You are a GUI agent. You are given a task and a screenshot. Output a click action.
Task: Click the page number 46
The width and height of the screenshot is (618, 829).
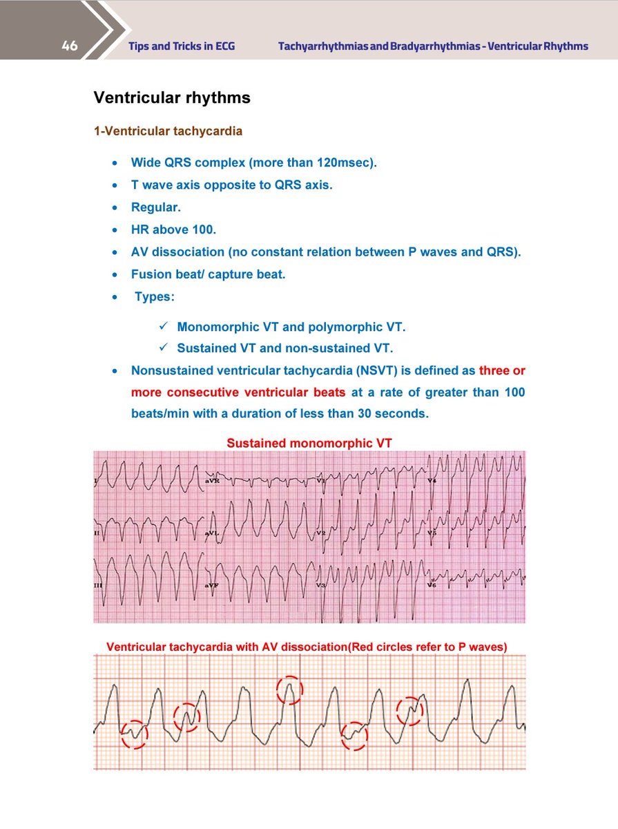69,46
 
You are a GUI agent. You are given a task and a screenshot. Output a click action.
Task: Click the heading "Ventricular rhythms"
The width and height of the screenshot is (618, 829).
172,98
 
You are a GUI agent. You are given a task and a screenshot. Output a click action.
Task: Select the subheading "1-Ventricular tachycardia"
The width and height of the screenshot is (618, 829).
168,131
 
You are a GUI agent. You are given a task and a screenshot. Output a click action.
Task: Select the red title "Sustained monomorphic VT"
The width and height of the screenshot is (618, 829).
309,443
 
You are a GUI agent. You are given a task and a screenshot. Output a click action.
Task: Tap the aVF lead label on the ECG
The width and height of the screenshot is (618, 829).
213,585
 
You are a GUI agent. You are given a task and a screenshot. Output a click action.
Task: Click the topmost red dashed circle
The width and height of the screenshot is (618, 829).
289,689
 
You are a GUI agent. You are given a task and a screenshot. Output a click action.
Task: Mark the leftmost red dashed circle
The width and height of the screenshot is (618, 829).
135,734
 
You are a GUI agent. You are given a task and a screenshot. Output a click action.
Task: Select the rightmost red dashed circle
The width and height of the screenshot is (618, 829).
409,710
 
